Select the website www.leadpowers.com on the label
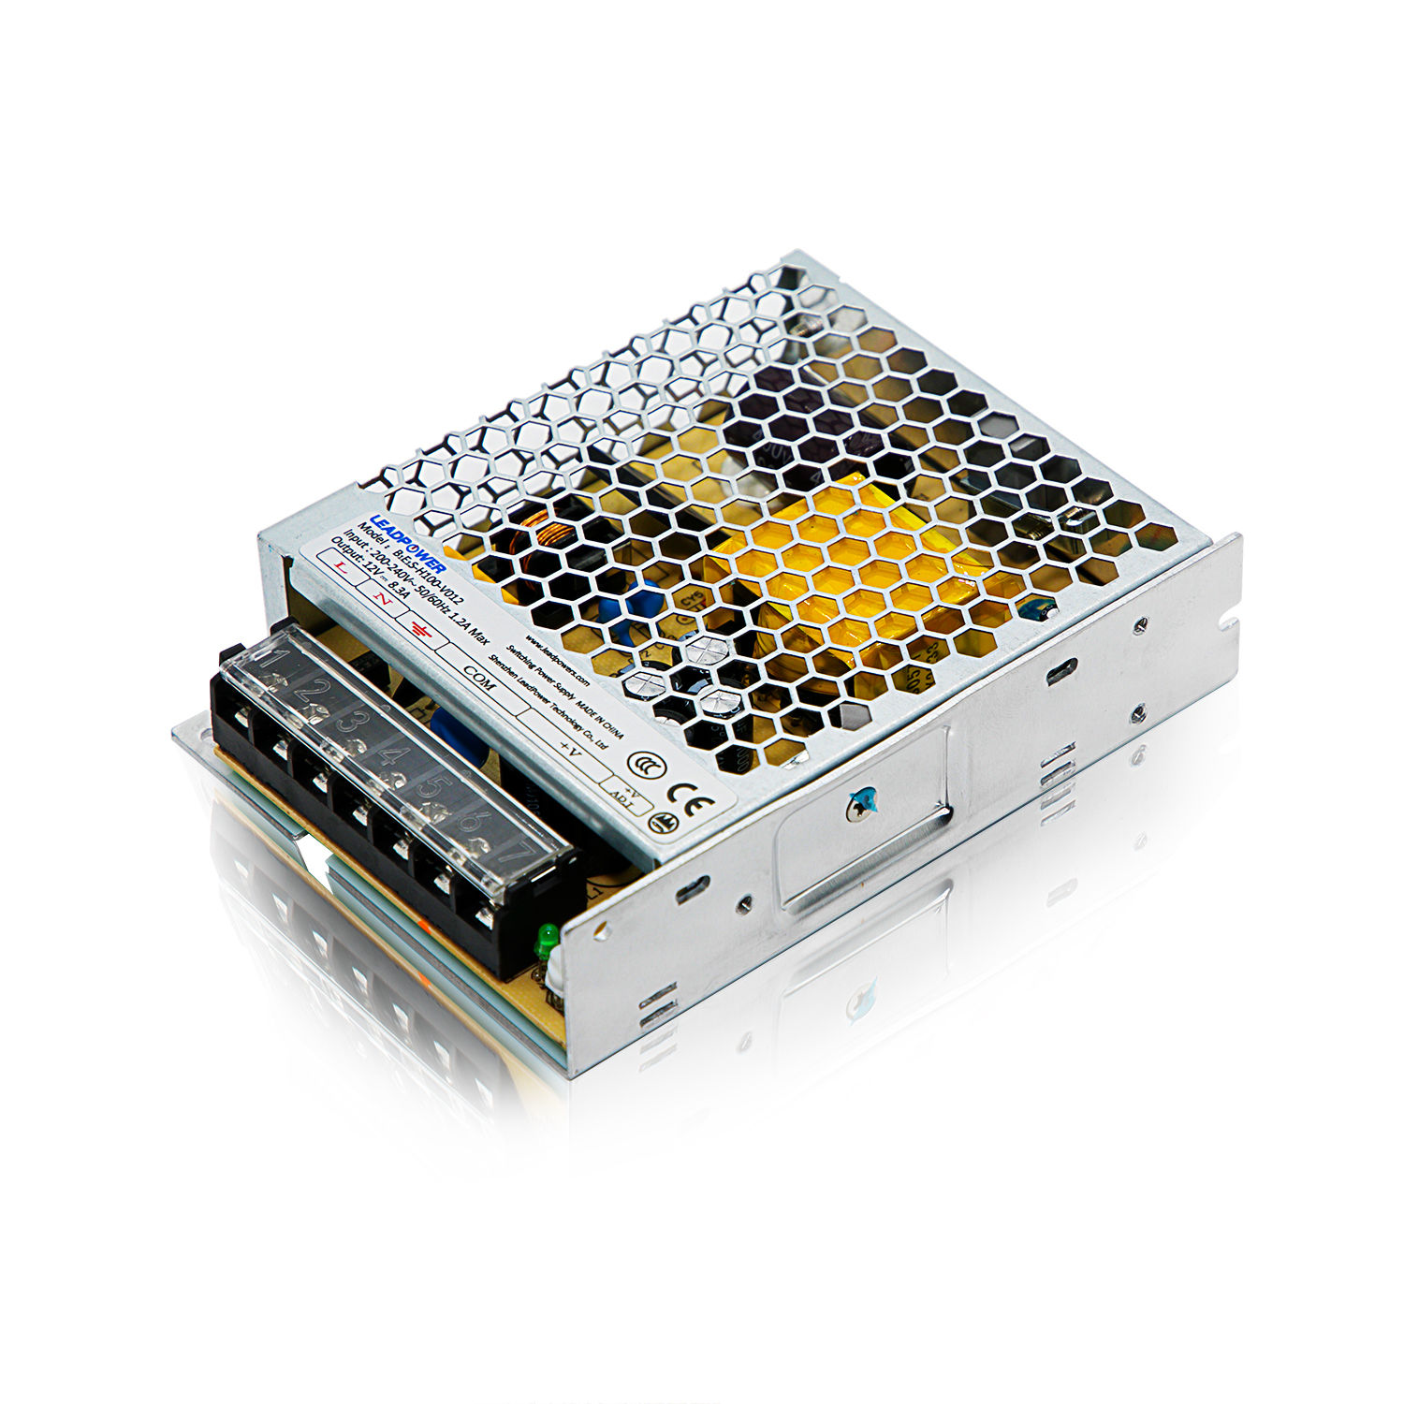(557, 661)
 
